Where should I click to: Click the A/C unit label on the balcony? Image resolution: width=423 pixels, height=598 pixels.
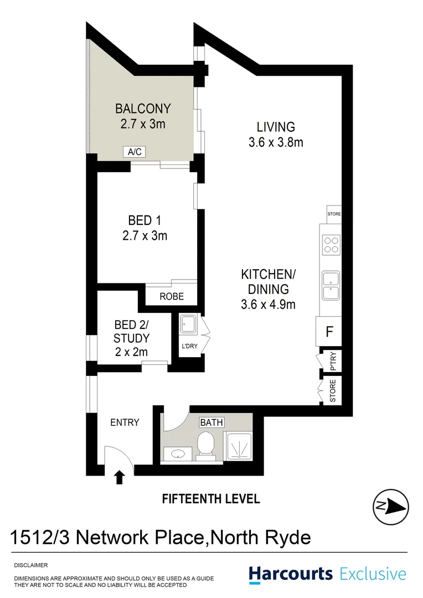(134, 152)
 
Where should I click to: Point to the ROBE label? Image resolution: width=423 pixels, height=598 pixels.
(171, 296)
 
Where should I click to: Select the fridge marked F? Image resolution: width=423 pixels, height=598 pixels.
(329, 332)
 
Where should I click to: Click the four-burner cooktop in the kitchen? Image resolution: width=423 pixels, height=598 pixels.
(331, 245)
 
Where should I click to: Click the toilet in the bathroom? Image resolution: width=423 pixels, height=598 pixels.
(206, 445)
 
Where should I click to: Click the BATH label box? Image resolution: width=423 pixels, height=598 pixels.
(211, 422)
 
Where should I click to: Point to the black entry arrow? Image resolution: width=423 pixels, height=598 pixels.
(119, 477)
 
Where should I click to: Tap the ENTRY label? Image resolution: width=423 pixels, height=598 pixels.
(125, 422)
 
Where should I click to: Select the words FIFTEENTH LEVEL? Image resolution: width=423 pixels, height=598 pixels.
(211, 499)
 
